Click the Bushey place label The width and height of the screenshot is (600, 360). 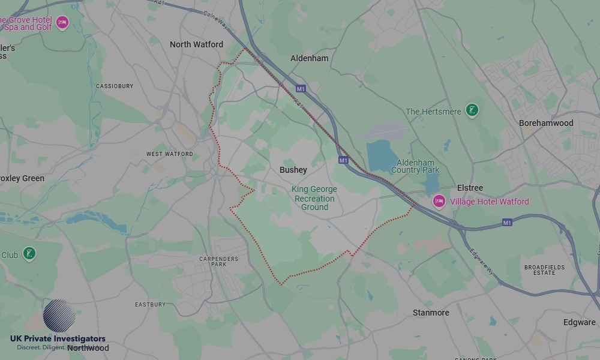coord(293,170)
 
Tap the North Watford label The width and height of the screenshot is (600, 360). coord(196,44)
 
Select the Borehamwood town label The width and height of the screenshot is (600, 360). coord(546,123)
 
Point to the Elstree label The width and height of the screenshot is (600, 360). coord(470,188)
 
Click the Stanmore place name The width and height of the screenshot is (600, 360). coord(431,313)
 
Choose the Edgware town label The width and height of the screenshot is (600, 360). coord(579,322)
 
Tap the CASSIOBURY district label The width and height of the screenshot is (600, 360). coord(115,86)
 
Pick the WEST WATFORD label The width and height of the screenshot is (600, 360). coord(170,154)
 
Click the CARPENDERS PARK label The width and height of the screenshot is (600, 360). coord(219,262)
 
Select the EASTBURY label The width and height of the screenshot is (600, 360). coord(150,305)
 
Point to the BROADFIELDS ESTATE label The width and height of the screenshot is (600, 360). coord(540,269)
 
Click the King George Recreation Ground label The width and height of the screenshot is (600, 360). coord(314,198)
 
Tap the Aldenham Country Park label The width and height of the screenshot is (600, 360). coord(415,166)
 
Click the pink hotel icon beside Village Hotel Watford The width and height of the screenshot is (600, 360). coord(439,202)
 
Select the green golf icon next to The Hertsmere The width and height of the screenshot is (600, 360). coord(472,111)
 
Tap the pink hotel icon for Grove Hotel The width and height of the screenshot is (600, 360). coord(62,23)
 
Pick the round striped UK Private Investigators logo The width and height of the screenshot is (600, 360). coord(59,316)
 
